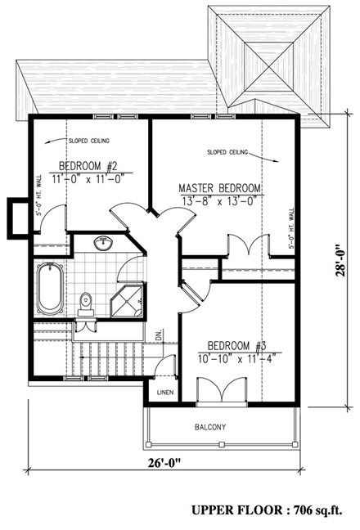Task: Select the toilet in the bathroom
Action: pyautogui.click(x=84, y=303)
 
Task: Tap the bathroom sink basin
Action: pyautogui.click(x=103, y=243)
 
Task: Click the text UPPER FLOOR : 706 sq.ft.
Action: pyautogui.click(x=271, y=510)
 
